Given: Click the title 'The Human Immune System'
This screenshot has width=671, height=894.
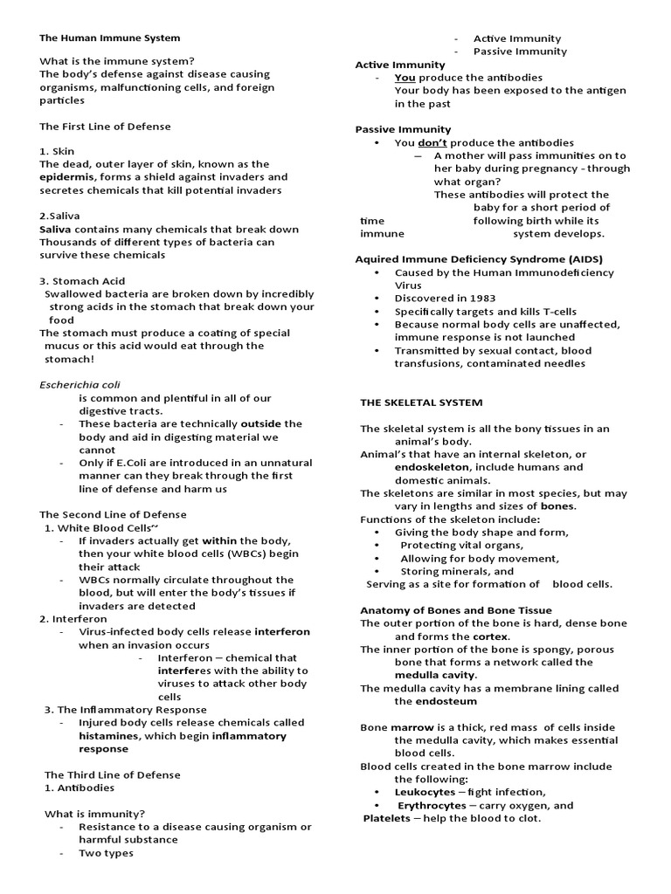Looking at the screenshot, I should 110,38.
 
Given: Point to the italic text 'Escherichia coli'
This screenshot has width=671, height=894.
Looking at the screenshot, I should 80,384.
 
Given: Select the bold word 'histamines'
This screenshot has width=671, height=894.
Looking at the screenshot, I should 111,736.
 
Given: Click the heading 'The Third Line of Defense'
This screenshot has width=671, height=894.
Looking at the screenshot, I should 113,774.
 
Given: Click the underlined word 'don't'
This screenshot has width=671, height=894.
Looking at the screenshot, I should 432,142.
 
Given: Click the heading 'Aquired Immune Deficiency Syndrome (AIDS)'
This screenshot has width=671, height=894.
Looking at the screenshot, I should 479,259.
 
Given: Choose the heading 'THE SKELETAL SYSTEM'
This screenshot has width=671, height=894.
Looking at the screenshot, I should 421,402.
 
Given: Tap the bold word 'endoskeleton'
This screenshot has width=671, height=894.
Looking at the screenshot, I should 432,467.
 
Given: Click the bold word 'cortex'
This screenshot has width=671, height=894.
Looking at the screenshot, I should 493,636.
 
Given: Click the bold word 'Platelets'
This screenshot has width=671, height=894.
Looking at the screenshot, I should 386,818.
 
